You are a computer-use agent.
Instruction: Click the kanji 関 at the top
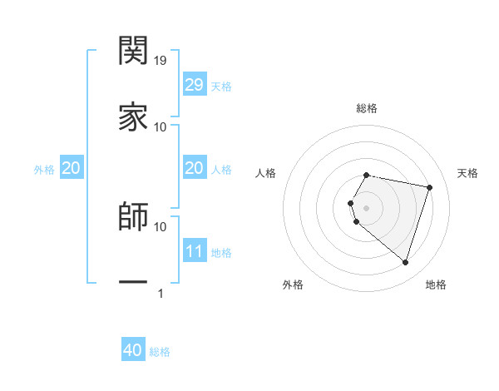point(133,51)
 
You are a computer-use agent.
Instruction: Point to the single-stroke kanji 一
point(133,283)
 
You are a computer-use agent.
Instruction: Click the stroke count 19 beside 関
point(161,60)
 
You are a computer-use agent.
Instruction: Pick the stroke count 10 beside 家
point(161,126)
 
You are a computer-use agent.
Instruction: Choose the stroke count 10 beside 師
point(161,226)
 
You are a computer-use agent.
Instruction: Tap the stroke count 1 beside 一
point(161,293)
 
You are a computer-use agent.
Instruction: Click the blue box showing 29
point(194,85)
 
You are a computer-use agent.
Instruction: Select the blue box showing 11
point(194,251)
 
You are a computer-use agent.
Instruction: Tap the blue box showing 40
point(133,350)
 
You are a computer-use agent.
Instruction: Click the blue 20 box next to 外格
point(71,168)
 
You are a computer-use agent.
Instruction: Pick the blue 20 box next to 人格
point(194,168)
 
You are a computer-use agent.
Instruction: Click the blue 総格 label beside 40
point(160,352)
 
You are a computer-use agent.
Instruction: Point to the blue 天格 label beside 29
point(221,87)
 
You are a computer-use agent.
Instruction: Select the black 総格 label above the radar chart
point(367,108)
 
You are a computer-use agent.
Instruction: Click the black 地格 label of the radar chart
point(436,285)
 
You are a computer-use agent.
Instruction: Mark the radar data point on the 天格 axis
point(429,187)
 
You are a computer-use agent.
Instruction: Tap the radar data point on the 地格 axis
point(405,263)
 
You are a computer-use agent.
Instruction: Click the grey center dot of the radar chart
point(367,207)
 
